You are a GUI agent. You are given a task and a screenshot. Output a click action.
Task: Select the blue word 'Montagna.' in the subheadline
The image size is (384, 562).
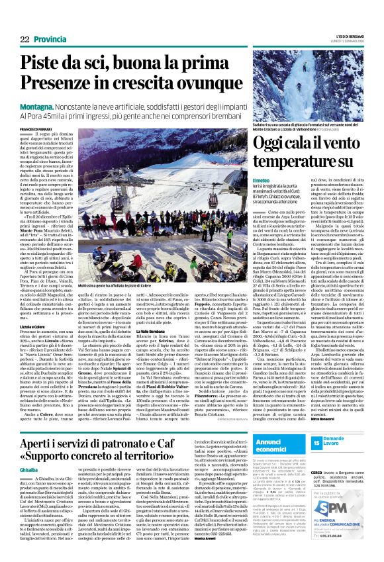(x=36, y=105)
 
